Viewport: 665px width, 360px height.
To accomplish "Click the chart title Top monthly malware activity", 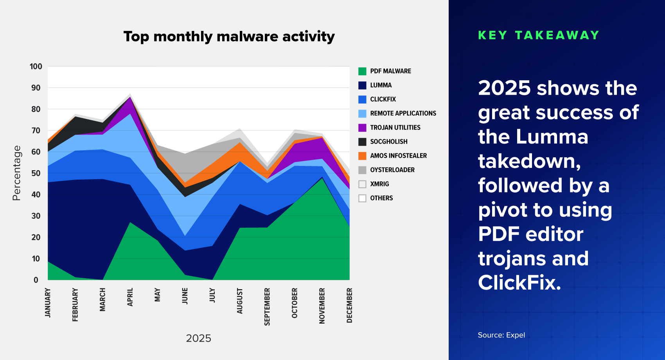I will pos(229,36).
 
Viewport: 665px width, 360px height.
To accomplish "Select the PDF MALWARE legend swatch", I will pos(362,71).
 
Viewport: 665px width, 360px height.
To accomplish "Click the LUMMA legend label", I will pos(381,85).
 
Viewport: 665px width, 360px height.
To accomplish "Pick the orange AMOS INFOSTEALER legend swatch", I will pos(362,156).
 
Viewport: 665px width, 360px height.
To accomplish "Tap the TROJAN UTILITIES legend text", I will pos(395,128).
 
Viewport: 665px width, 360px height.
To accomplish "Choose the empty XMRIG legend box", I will pos(362,184).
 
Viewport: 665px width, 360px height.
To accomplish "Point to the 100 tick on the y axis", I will pos(36,67).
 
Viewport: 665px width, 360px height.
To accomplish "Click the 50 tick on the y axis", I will pos(36,173).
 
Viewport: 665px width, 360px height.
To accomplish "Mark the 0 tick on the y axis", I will pos(36,280).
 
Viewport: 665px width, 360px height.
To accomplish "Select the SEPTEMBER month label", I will pos(267,306).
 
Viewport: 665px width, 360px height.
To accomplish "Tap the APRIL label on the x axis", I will pos(130,297).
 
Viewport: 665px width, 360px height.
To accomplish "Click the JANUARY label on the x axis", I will pos(48,302).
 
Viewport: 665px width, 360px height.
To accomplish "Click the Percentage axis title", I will pos(16,173).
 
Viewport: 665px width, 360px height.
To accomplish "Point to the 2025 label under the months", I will pos(198,338).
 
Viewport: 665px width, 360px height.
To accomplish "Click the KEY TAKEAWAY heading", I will pos(539,35).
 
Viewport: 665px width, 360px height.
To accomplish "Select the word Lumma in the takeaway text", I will pos(552,137).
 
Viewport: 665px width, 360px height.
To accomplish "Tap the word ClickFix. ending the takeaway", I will pos(519,283).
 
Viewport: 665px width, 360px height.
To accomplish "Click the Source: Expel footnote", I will pos(501,335).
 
